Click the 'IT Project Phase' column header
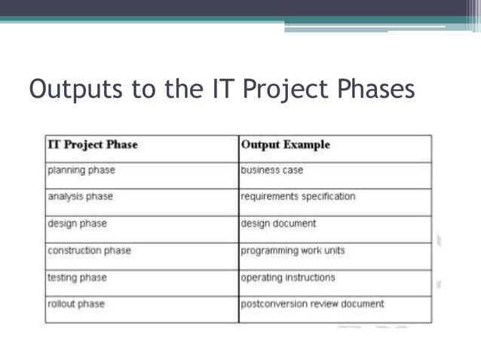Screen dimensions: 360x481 (92, 145)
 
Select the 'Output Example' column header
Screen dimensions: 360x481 (286, 145)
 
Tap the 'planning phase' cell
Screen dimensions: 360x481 (81, 170)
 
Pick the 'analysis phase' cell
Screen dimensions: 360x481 (80, 197)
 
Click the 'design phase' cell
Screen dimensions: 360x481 (77, 224)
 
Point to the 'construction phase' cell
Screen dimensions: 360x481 (89, 251)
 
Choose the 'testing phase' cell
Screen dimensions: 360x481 (77, 277)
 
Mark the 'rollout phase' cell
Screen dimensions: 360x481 (76, 304)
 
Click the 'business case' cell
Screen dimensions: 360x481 (272, 170)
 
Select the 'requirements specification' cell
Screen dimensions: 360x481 (298, 197)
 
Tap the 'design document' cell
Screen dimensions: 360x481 (278, 224)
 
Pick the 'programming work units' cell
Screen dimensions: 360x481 (293, 251)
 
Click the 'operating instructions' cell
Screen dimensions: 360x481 (287, 277)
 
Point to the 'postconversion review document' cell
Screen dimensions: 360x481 (312, 304)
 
